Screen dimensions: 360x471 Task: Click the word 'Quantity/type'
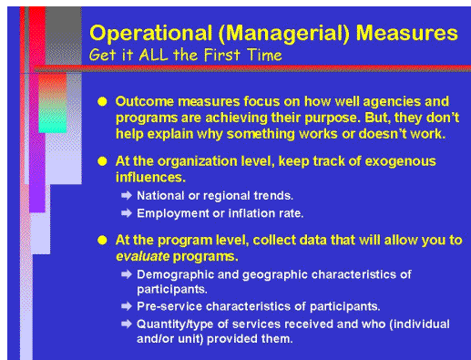[x=176, y=324]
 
